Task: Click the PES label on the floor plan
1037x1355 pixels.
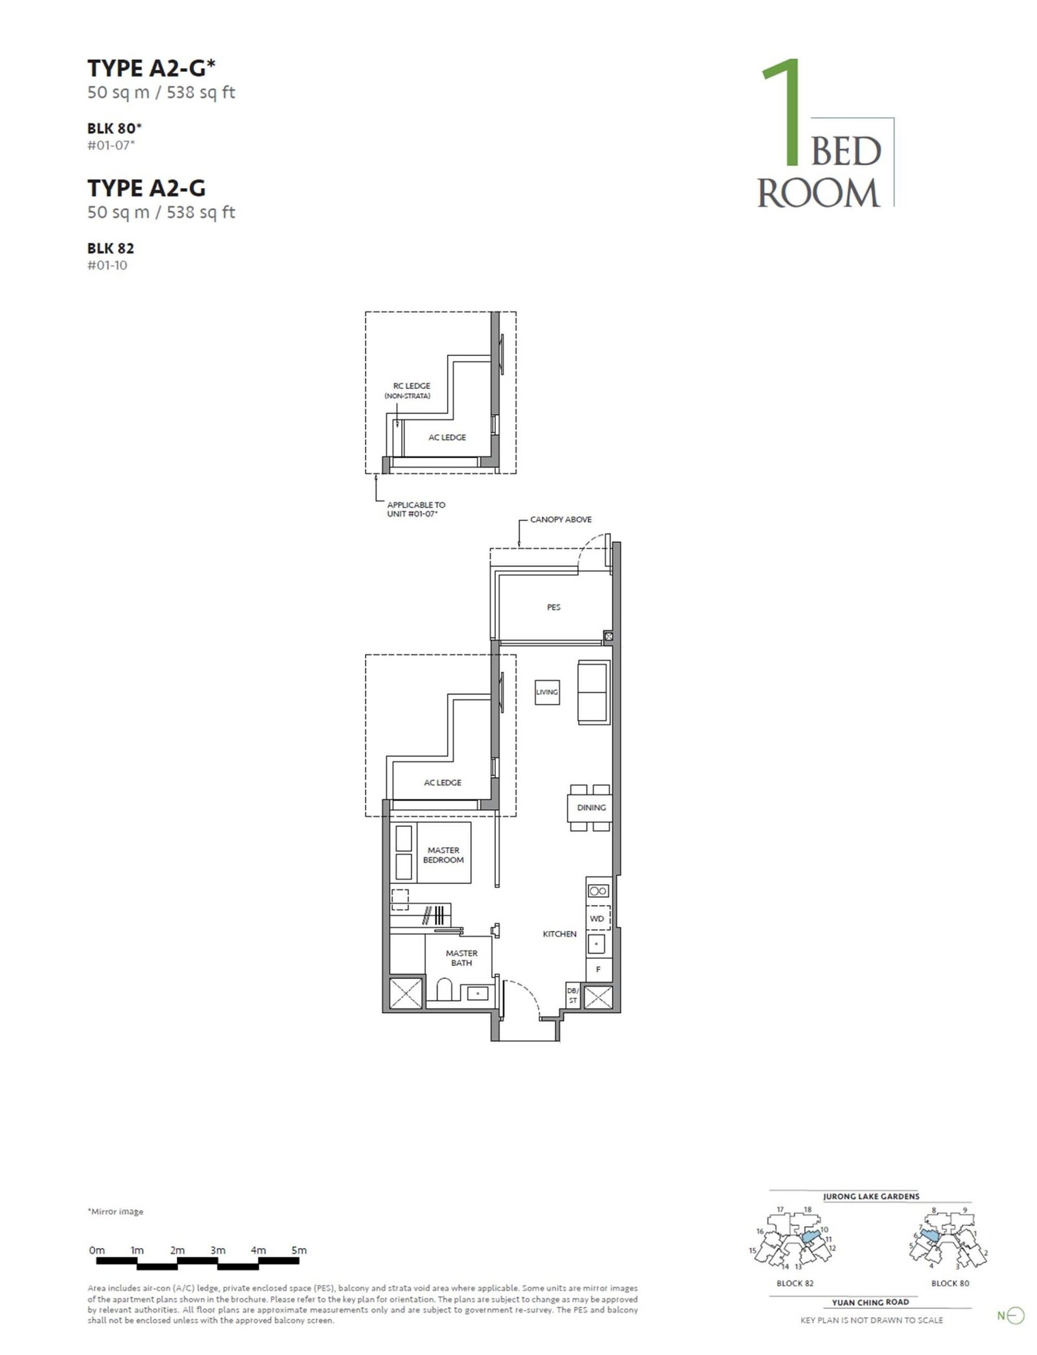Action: click(553, 607)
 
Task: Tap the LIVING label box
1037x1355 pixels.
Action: click(547, 692)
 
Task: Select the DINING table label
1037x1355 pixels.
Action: click(591, 808)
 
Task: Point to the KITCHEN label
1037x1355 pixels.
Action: click(559, 934)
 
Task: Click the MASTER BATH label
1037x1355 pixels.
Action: click(461, 958)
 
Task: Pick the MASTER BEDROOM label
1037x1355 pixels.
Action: click(443, 855)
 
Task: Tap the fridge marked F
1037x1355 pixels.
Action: click(598, 970)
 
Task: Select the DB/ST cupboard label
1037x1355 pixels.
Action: click(573, 996)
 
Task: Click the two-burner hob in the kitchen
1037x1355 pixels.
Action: click(598, 891)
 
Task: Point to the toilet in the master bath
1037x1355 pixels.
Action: click(445, 991)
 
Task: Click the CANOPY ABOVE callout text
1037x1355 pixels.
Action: click(561, 519)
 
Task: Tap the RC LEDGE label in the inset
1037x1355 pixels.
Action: click(412, 386)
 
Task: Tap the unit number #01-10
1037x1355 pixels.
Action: click(107, 265)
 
